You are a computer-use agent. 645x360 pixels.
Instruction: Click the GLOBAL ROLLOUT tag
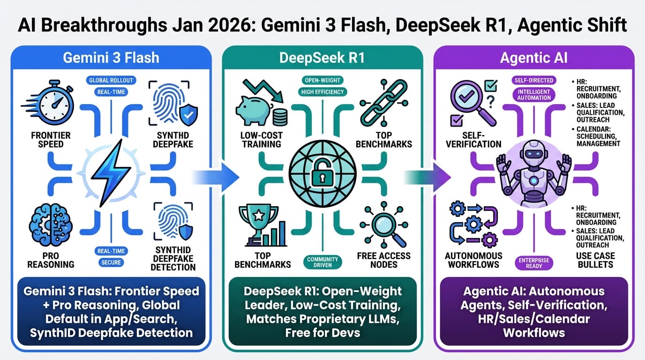111,80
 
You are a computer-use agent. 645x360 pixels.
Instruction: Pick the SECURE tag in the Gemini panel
111,262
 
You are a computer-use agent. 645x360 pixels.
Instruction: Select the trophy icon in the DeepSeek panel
255,220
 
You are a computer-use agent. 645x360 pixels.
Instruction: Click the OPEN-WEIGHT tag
322,80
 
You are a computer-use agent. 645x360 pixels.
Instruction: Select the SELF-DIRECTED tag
533,80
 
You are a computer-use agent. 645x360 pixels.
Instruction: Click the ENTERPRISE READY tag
534,263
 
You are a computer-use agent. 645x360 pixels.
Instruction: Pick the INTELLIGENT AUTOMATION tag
534,94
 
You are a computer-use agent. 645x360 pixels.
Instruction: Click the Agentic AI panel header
534,58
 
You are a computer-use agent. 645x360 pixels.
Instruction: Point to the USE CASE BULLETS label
595,260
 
